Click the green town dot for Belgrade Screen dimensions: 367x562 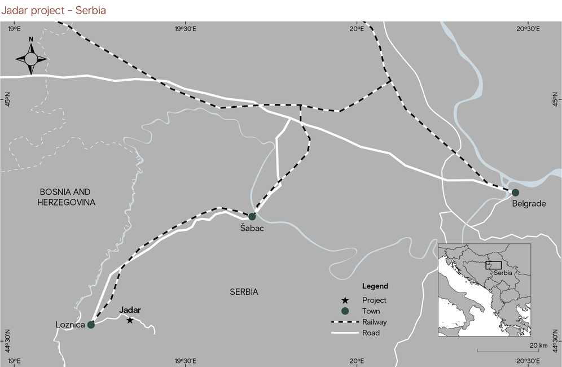(x=515, y=193)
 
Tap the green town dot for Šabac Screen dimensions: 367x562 (x=252, y=216)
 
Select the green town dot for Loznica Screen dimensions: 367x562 (x=91, y=325)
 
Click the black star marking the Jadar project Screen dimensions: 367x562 (x=130, y=321)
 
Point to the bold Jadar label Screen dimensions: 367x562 (x=130, y=310)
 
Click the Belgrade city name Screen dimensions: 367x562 (x=529, y=204)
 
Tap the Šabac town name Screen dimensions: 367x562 (x=252, y=229)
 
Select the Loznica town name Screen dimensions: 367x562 (x=70, y=325)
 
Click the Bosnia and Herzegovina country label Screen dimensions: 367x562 (x=65, y=197)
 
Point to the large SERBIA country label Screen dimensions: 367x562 (x=244, y=292)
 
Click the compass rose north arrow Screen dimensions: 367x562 (x=31, y=58)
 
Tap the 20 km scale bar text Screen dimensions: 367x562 (x=539, y=345)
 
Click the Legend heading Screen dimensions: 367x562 (x=375, y=286)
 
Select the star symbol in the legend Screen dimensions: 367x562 (x=345, y=300)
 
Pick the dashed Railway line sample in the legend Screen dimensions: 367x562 (x=345, y=322)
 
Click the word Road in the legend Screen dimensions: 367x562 (x=371, y=333)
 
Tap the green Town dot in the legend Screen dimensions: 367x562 (x=345, y=311)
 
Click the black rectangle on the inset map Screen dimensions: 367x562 (x=493, y=265)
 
